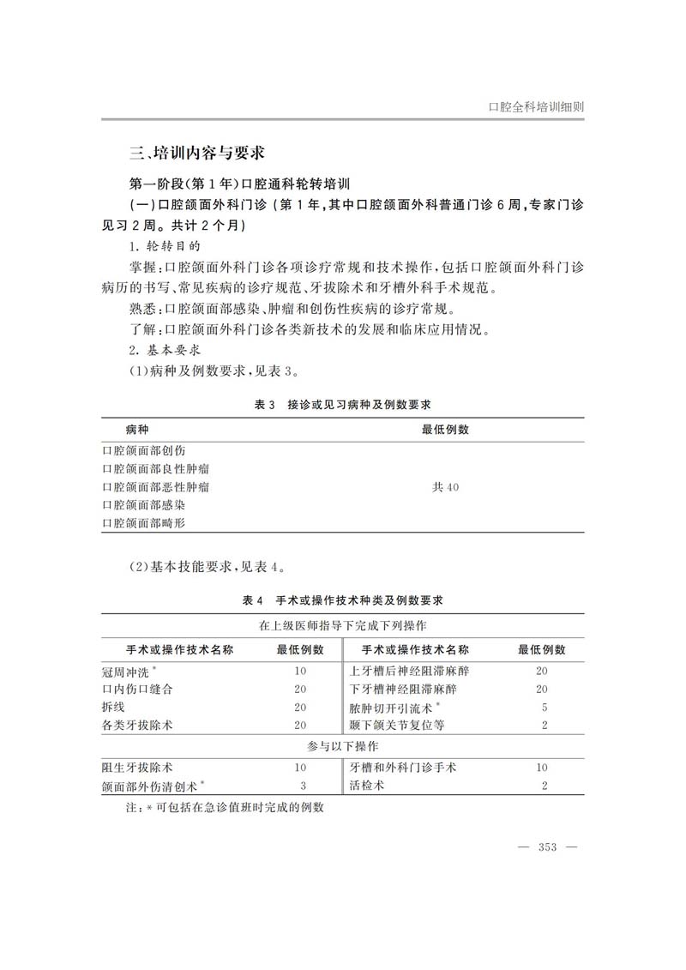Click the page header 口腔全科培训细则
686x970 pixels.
tap(535, 108)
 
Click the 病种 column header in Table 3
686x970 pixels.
tap(137, 429)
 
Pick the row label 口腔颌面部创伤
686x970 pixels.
tap(143, 450)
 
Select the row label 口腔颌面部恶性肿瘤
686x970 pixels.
tap(155, 486)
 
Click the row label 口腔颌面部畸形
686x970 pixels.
tap(143, 522)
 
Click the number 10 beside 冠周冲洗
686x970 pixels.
tap(300, 672)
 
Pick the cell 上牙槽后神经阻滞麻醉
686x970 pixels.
tap(403, 672)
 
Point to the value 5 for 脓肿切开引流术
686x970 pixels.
tap(544, 708)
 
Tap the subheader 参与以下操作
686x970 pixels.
tap(343, 746)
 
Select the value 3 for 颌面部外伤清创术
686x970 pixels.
tap(303, 786)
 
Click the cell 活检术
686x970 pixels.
tap(367, 786)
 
